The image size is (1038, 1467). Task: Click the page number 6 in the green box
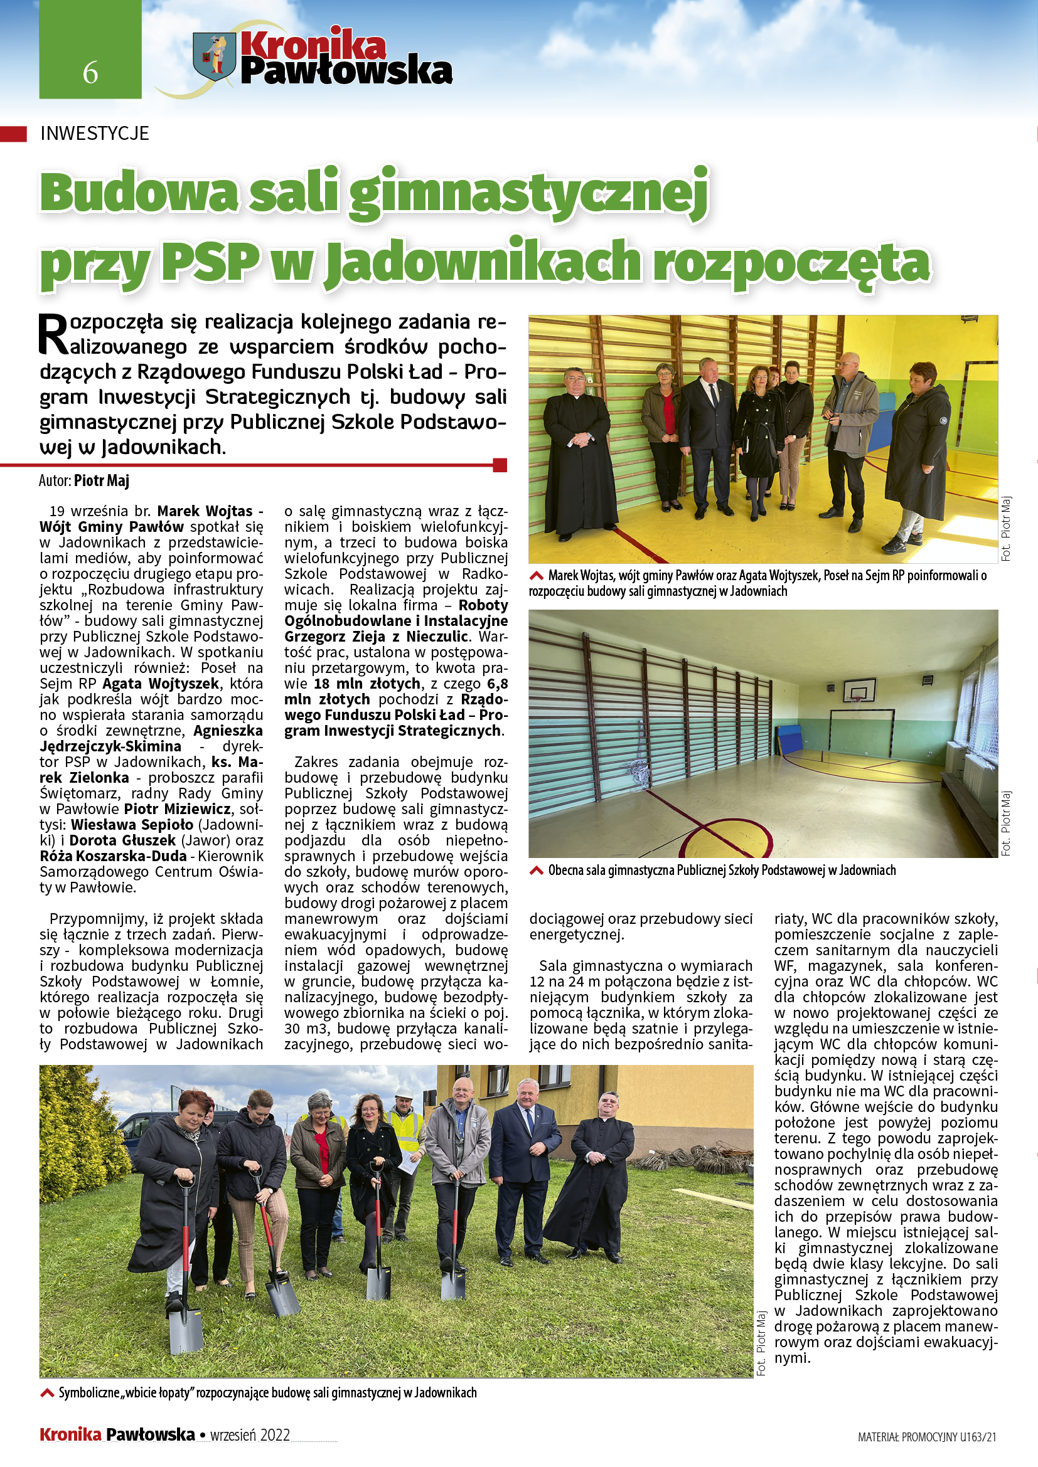click(x=90, y=73)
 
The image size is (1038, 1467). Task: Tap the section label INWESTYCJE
click(x=95, y=133)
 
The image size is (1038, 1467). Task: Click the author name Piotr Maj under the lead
click(x=102, y=480)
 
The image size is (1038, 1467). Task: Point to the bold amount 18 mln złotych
click(x=367, y=684)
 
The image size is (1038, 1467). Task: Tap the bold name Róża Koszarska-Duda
click(x=113, y=856)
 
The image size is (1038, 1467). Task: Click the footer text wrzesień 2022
click(x=250, y=1434)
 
